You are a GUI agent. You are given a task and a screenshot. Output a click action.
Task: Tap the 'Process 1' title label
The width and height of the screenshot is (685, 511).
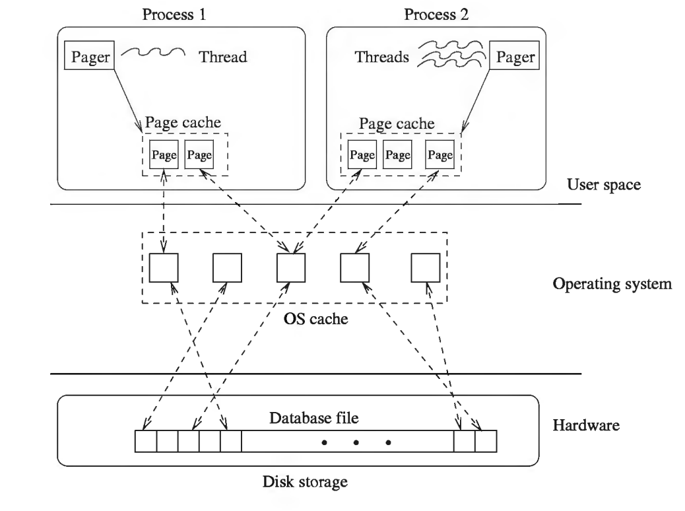[174, 15]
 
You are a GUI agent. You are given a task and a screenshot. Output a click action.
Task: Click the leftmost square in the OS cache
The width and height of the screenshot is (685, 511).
[163, 267]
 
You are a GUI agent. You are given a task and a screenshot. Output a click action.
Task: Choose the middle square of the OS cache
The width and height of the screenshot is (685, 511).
[290, 267]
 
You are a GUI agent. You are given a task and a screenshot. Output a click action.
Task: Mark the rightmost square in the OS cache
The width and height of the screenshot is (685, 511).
[425, 267]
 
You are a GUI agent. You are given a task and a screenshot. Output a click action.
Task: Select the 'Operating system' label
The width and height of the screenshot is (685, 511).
[611, 285]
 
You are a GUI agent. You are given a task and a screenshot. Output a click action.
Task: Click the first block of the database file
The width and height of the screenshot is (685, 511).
[146, 442]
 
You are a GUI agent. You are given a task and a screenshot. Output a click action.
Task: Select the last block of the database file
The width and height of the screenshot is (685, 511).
[486, 442]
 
